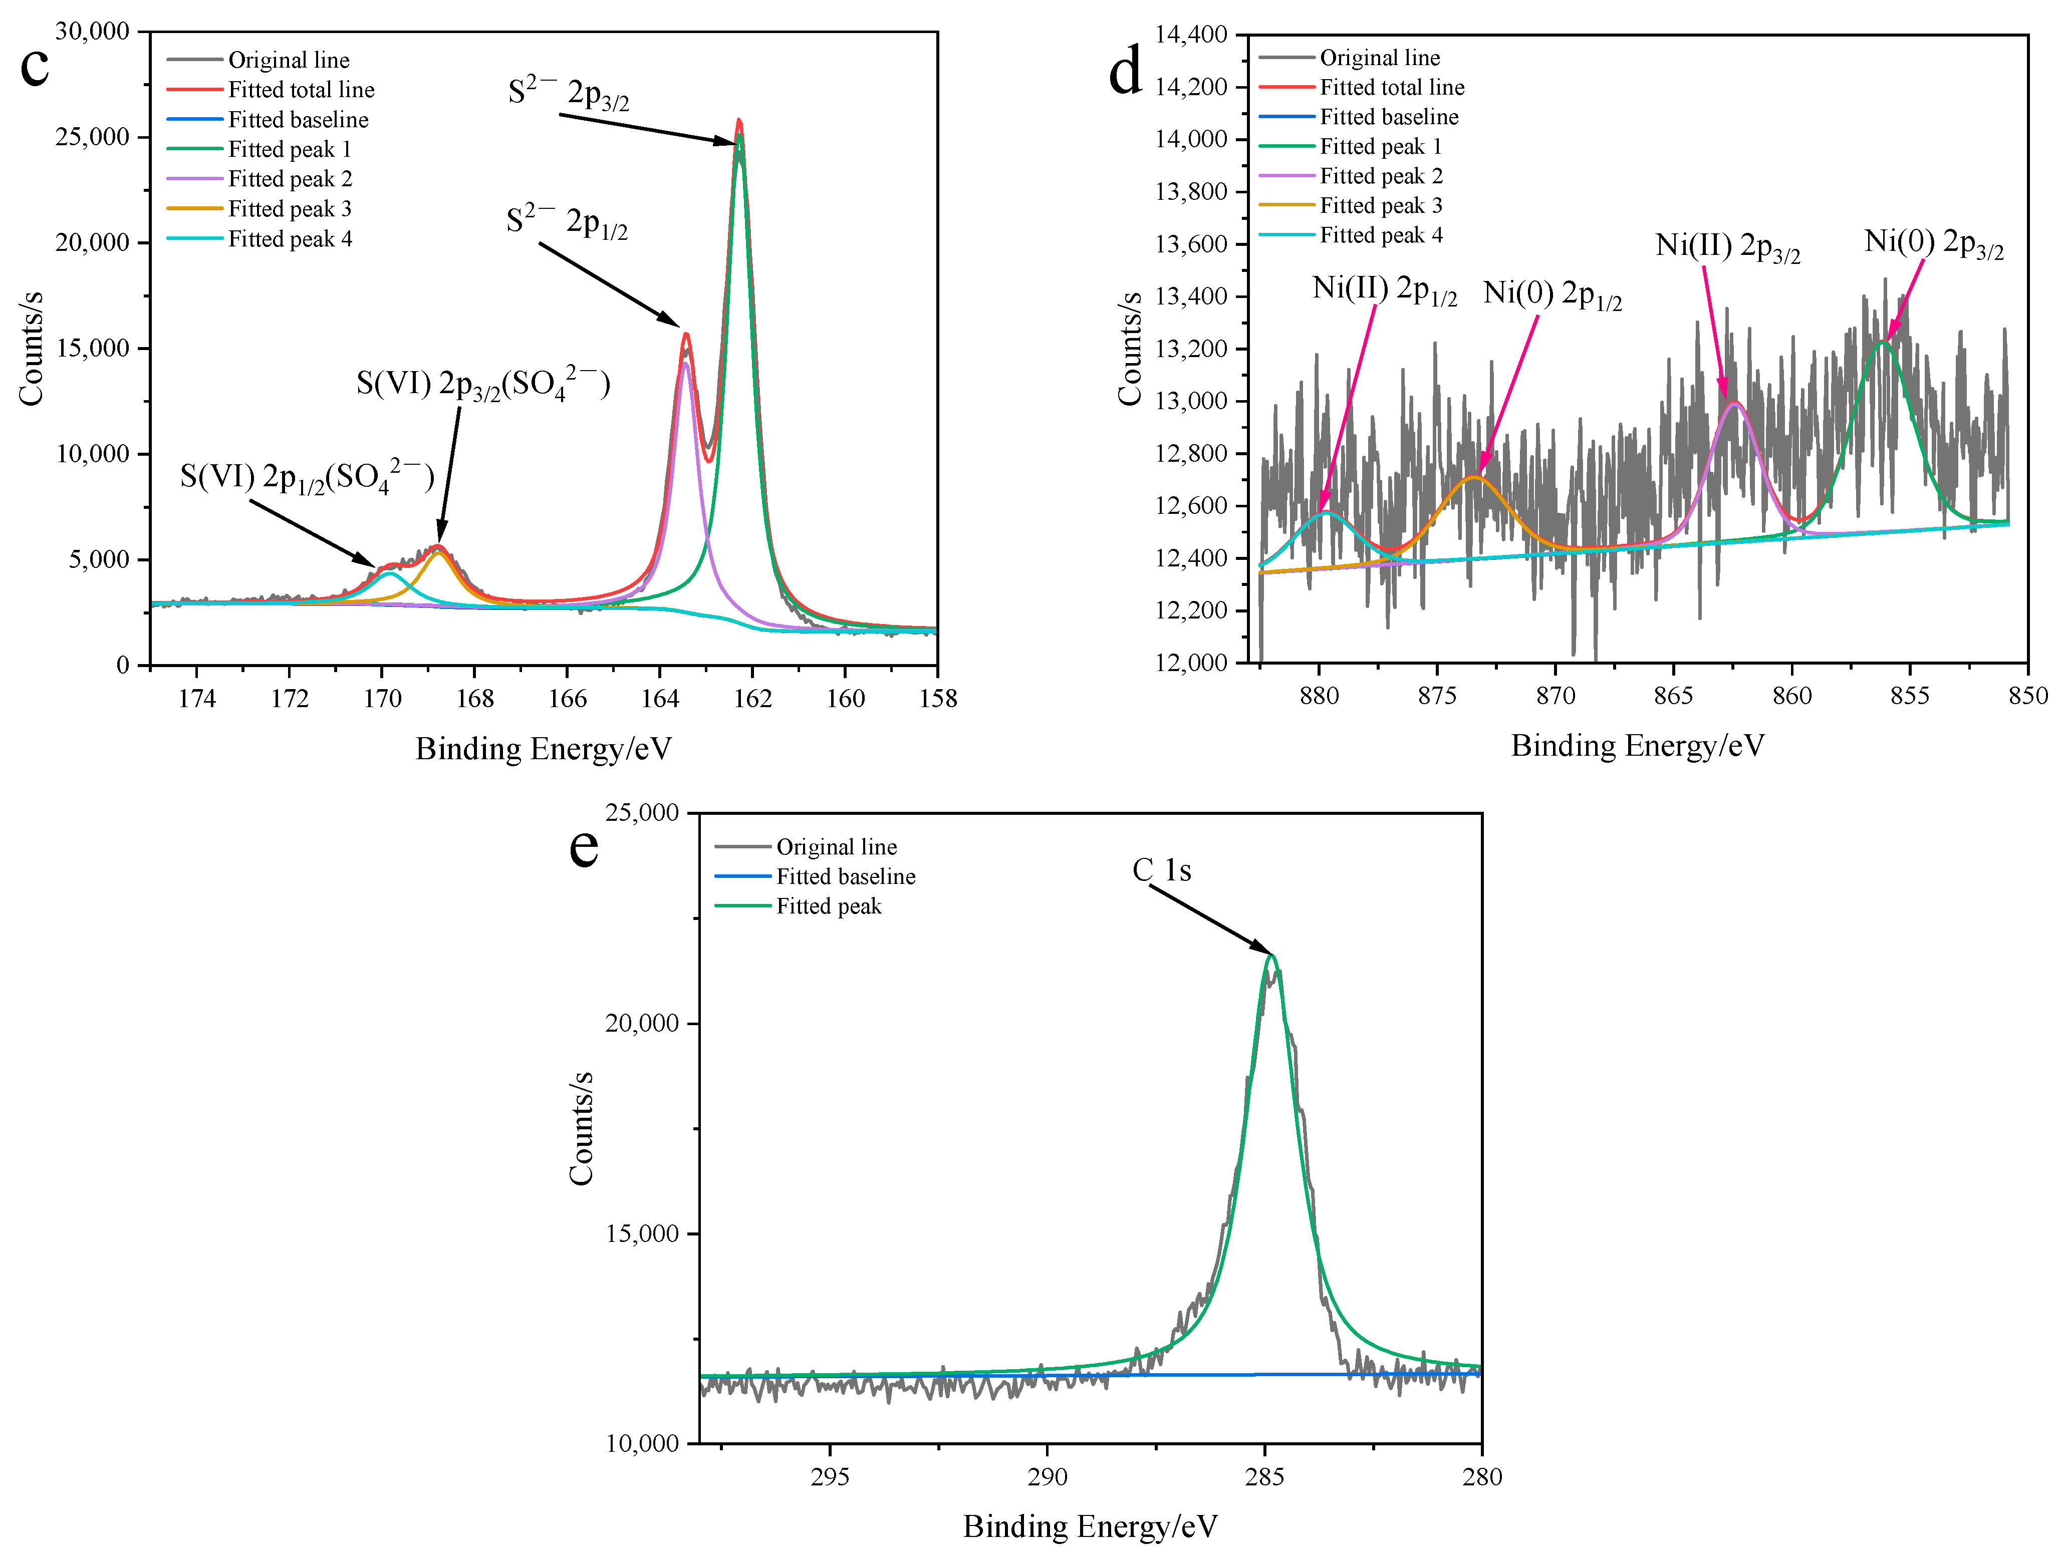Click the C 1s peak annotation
1162,870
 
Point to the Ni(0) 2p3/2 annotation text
1933,243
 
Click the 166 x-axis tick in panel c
567,699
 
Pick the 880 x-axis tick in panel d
1319,696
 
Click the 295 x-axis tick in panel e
830,1476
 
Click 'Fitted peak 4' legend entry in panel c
290,239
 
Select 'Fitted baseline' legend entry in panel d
1388,117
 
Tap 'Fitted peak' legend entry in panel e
828,905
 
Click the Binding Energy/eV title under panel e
1090,1525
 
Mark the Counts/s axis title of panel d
1130,348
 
